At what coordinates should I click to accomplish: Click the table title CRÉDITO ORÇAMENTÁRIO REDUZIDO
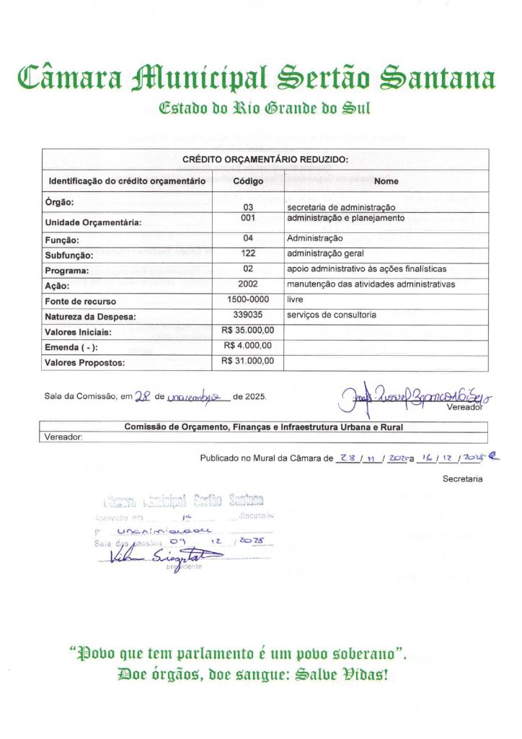point(265,159)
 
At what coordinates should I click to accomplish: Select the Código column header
point(248,180)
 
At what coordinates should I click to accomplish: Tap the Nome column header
point(386,180)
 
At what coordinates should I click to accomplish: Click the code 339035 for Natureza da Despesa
point(248,315)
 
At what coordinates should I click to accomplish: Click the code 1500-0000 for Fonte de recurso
point(248,299)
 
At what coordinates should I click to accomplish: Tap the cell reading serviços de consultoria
point(331,315)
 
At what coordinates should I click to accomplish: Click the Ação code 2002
point(248,284)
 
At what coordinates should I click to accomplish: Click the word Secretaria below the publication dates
point(462,478)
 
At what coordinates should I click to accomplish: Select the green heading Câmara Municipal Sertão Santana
point(257,77)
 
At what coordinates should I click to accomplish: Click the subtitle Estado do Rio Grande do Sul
point(264,110)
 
